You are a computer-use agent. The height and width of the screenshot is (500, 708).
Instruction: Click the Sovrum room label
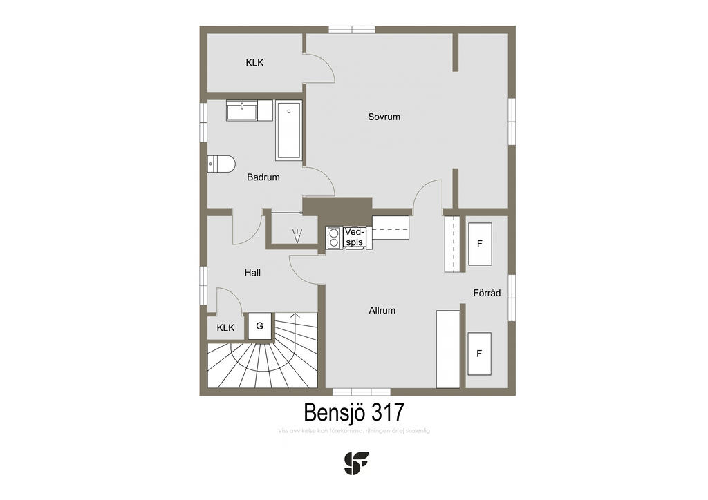click(x=384, y=117)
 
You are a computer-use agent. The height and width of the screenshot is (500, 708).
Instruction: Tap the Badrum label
click(x=263, y=177)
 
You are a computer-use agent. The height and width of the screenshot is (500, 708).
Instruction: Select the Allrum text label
click(x=382, y=311)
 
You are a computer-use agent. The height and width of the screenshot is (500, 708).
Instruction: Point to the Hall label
click(x=252, y=273)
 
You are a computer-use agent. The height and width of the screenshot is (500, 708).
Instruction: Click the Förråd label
click(x=487, y=293)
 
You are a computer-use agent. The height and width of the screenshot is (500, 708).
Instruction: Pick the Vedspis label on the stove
click(x=354, y=238)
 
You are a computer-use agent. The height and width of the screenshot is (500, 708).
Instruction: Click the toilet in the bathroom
click(x=221, y=164)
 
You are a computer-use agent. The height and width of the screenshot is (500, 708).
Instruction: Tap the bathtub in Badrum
click(x=288, y=131)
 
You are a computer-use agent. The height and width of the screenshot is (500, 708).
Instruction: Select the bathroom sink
click(x=241, y=109)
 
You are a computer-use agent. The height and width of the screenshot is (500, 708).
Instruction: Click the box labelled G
click(x=260, y=326)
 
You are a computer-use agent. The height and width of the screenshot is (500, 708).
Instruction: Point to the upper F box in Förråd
click(x=479, y=244)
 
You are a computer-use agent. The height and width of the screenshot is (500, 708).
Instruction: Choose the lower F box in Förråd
click(x=479, y=354)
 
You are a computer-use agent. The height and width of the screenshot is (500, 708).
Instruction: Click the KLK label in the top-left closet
click(x=254, y=63)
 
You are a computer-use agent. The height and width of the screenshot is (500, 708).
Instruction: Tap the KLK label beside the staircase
click(x=225, y=328)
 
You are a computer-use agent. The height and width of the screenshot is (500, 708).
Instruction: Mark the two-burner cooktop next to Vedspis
click(x=334, y=238)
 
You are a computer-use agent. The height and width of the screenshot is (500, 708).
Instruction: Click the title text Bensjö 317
click(x=354, y=412)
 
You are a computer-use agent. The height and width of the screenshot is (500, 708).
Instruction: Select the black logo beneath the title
click(x=356, y=463)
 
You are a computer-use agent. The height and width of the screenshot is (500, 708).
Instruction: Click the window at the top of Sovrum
click(x=351, y=30)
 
